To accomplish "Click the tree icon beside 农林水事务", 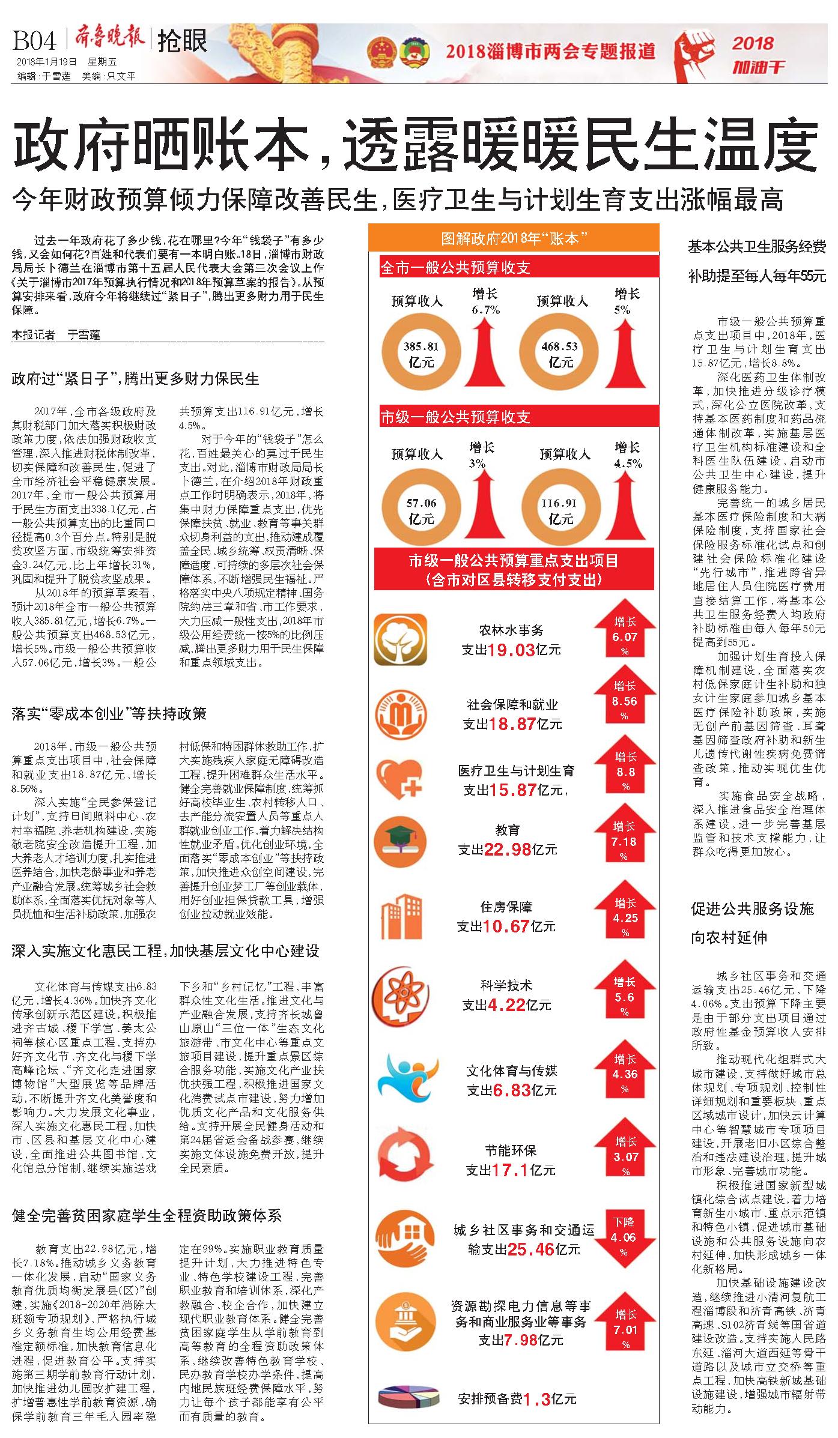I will pyautogui.click(x=400, y=639).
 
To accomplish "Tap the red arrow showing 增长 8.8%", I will pyautogui.click(x=625, y=771).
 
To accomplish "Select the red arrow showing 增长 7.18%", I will pyautogui.click(x=624, y=840).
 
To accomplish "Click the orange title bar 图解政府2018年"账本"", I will pyautogui.click(x=514, y=238).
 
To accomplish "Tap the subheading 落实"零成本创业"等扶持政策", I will pyautogui.click(x=109, y=713).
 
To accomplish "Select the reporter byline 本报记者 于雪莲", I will pyautogui.click(x=56, y=335).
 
